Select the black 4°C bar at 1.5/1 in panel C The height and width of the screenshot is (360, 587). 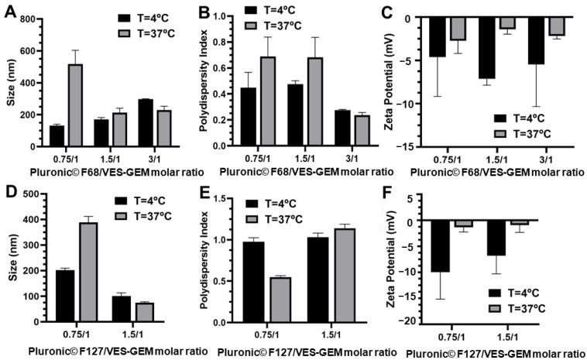coord(486,57)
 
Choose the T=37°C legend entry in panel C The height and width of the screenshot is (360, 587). coord(527,132)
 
